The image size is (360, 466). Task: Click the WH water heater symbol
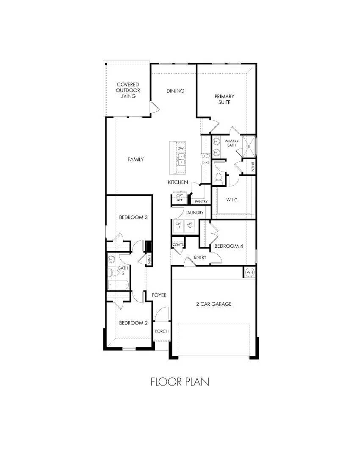tap(249, 272)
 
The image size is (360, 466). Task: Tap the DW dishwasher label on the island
tap(181, 148)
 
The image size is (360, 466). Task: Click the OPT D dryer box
tap(179, 225)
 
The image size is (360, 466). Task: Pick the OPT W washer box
tap(189, 225)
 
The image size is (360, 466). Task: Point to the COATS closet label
tap(178, 245)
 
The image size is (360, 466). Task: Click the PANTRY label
tap(201, 201)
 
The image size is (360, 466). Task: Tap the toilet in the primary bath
tap(219, 178)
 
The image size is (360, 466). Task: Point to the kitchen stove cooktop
tap(205, 159)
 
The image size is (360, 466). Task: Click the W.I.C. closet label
tap(233, 199)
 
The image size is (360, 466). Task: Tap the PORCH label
tap(162, 331)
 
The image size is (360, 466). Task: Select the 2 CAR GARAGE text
tap(213, 304)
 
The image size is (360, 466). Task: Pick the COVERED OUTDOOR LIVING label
tap(128, 90)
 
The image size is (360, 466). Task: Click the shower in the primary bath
tap(248, 146)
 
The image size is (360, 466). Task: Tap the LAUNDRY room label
tap(194, 213)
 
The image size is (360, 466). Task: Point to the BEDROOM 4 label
tap(229, 246)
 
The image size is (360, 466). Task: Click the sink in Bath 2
tap(111, 259)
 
